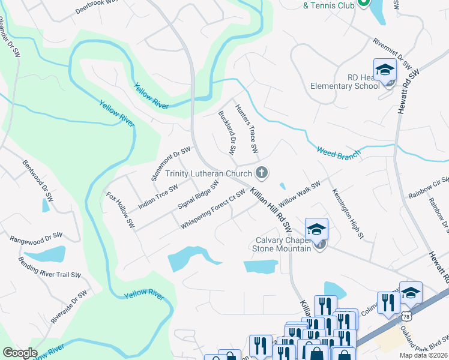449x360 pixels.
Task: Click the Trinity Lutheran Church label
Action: point(208,173)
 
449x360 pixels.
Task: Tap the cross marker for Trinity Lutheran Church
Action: point(261,173)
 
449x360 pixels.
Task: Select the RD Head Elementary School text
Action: point(346,82)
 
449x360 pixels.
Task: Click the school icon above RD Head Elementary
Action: point(385,71)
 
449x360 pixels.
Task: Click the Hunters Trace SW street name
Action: point(247,128)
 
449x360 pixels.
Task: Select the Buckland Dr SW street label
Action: point(227,131)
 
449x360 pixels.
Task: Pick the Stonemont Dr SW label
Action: point(171,163)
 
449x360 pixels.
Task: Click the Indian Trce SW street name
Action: point(158,196)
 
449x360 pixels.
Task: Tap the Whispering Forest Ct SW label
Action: point(213,209)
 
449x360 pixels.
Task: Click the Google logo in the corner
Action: point(20,353)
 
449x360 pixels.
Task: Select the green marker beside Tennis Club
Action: point(363,3)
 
